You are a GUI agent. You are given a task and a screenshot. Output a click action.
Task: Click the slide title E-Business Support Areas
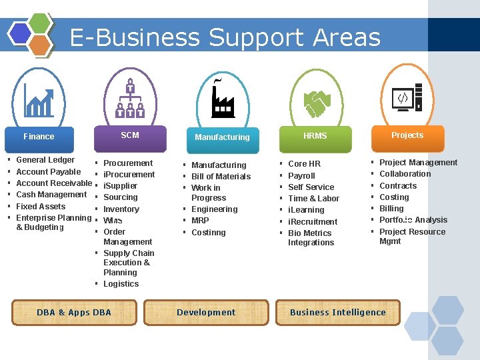[225, 37]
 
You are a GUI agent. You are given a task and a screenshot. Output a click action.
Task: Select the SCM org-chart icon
[131, 99]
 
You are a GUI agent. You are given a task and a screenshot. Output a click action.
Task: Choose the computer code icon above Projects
[407, 99]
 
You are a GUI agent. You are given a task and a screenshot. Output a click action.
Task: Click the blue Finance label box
[39, 137]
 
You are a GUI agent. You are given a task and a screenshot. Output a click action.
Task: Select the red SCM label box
[130, 135]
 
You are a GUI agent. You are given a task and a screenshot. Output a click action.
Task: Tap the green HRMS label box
[315, 136]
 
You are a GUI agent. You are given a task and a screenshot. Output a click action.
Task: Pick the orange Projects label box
[407, 135]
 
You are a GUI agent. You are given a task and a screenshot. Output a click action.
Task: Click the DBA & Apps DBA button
[74, 312]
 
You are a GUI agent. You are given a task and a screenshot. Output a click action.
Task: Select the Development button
[206, 312]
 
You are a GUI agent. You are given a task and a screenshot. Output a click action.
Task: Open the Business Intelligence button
[337, 312]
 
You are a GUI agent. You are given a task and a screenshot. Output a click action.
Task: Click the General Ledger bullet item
[45, 160]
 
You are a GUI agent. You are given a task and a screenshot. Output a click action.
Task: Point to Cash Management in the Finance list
[51, 195]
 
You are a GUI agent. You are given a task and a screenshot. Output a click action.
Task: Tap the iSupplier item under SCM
[120, 186]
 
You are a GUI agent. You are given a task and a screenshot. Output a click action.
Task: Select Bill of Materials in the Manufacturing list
[221, 177]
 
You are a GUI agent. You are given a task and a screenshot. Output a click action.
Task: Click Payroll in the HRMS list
[301, 176]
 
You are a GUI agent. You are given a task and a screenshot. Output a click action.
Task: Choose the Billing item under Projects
[391, 209]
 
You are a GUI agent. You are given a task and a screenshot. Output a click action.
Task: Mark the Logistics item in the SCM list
[121, 284]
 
